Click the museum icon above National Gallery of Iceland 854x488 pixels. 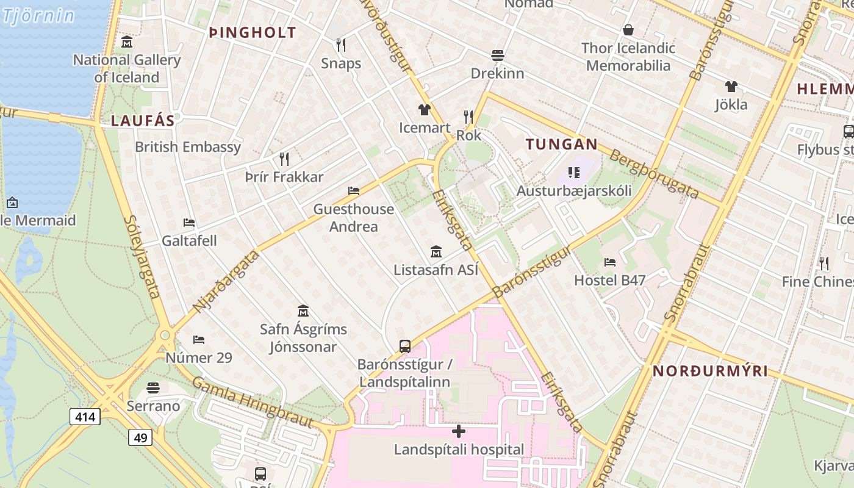coord(127,42)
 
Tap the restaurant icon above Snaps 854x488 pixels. coord(341,45)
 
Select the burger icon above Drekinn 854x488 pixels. coord(497,56)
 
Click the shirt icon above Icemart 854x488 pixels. coord(425,110)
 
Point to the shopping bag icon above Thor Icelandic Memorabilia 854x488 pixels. coord(628,30)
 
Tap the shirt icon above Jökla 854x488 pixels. coord(731,87)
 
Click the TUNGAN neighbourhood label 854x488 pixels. coord(562,145)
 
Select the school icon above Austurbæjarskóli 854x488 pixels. coord(573,173)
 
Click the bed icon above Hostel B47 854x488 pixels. coord(609,262)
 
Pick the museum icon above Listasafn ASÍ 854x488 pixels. coord(436,251)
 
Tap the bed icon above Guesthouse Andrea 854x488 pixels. coord(354,191)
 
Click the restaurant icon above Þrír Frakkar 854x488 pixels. coord(284,159)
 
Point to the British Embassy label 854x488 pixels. coord(188,147)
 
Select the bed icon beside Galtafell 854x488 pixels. coord(189,223)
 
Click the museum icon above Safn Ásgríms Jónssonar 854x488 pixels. coord(303,311)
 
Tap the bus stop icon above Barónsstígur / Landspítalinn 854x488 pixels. coord(404,346)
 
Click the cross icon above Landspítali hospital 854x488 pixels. coord(459,432)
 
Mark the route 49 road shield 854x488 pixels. coord(140,437)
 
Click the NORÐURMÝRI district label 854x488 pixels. coord(710,371)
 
